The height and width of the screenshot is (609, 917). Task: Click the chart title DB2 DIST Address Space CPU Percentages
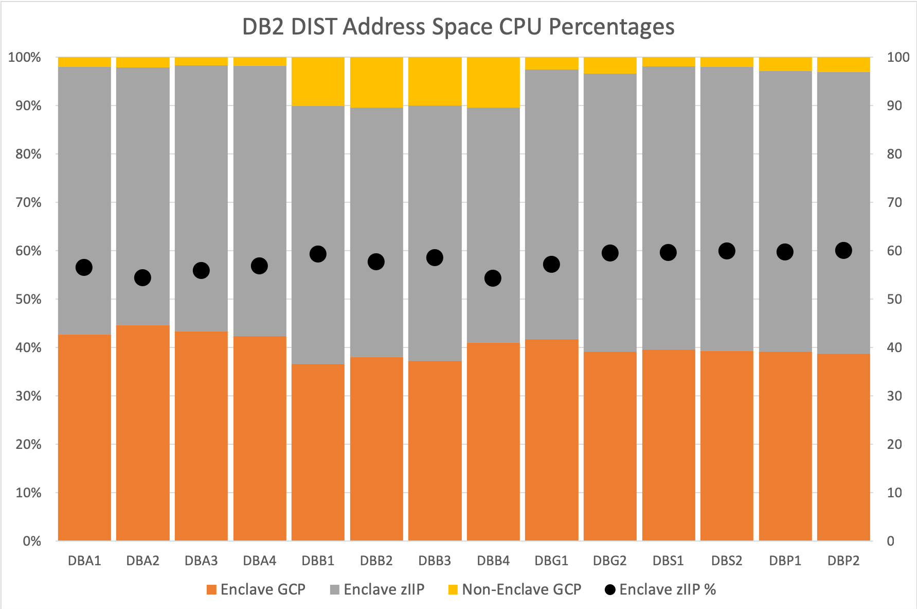click(458, 27)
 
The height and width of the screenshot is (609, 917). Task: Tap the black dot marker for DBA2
click(142, 278)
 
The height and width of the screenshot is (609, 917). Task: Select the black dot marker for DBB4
click(493, 279)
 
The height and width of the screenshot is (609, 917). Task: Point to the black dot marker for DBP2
click(843, 251)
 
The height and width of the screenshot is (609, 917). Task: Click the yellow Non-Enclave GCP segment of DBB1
click(318, 81)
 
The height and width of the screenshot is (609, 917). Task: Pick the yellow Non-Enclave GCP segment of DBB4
click(493, 82)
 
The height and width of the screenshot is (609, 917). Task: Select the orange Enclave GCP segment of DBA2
click(142, 432)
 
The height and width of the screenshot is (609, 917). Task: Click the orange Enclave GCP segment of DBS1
click(668, 445)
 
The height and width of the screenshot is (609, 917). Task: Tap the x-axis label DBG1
click(551, 561)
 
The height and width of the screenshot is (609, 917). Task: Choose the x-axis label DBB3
click(435, 561)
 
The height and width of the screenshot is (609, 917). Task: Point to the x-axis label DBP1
click(785, 561)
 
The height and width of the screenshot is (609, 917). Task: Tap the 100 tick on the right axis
click(897, 57)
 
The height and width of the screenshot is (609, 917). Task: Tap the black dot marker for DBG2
click(610, 253)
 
